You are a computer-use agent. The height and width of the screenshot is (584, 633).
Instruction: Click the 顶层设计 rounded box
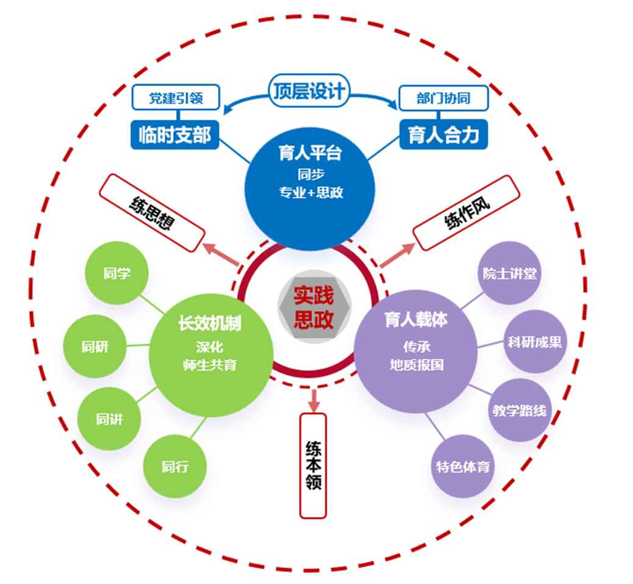click(x=309, y=90)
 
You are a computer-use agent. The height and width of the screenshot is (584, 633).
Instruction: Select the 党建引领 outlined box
click(x=176, y=98)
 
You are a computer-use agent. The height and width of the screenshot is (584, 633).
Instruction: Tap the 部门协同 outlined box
click(x=444, y=98)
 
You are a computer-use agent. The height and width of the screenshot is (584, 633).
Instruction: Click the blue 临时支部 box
click(x=175, y=135)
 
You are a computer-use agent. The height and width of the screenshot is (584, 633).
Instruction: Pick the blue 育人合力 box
click(x=444, y=134)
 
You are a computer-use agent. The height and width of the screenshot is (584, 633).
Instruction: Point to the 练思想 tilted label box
click(x=152, y=213)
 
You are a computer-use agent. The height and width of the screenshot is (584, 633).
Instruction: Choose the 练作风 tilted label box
click(x=467, y=213)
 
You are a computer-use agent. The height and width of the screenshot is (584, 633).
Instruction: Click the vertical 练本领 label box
click(x=313, y=465)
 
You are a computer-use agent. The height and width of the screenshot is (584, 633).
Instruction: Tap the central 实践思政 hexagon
click(x=314, y=307)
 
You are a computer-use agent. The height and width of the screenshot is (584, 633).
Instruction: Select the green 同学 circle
click(x=116, y=273)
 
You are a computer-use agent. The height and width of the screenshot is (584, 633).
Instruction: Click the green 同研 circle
click(x=95, y=347)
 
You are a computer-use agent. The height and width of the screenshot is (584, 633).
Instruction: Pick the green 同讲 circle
click(x=109, y=419)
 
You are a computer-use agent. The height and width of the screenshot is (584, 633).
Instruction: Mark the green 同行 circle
click(x=175, y=466)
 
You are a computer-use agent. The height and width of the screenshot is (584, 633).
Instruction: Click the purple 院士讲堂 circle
click(x=509, y=273)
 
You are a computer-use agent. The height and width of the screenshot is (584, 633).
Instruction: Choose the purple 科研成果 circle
click(x=535, y=342)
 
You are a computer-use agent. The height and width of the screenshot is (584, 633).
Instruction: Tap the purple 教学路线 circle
click(x=520, y=410)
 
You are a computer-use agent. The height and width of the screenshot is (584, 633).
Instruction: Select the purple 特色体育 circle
click(x=463, y=466)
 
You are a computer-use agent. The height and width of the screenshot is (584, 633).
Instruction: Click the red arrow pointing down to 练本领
click(x=313, y=400)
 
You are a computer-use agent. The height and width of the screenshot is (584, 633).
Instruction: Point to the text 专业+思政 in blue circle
click(x=311, y=193)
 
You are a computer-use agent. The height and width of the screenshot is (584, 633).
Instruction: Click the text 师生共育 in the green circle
click(x=210, y=365)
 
